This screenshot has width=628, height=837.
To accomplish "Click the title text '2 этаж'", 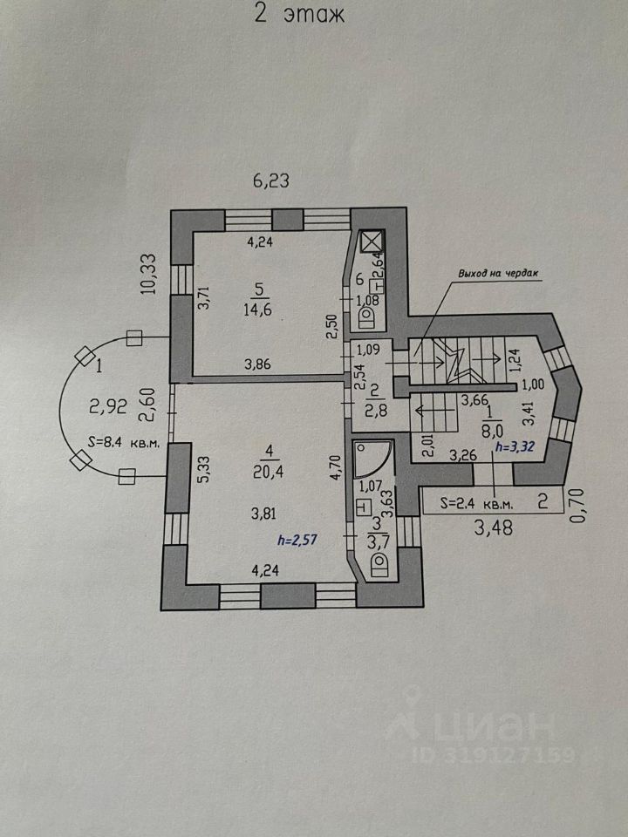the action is click(x=299, y=13).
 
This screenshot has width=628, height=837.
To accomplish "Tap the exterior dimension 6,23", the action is click(x=271, y=181).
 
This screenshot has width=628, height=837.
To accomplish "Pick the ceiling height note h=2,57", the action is click(x=297, y=541).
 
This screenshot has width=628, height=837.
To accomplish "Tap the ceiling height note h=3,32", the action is click(x=515, y=447).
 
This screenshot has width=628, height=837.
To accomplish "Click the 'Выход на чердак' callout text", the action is click(x=498, y=274).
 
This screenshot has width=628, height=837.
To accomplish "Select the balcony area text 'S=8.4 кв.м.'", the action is click(x=123, y=443).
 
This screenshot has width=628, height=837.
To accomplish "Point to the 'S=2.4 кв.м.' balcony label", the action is click(x=477, y=503).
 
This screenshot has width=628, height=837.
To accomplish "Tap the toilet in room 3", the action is click(x=380, y=566).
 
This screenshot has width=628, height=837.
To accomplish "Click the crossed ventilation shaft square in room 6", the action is click(x=372, y=241).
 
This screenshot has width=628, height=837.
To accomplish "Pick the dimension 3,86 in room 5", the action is click(x=258, y=364).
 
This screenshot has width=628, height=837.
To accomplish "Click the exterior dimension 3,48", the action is click(x=495, y=528).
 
